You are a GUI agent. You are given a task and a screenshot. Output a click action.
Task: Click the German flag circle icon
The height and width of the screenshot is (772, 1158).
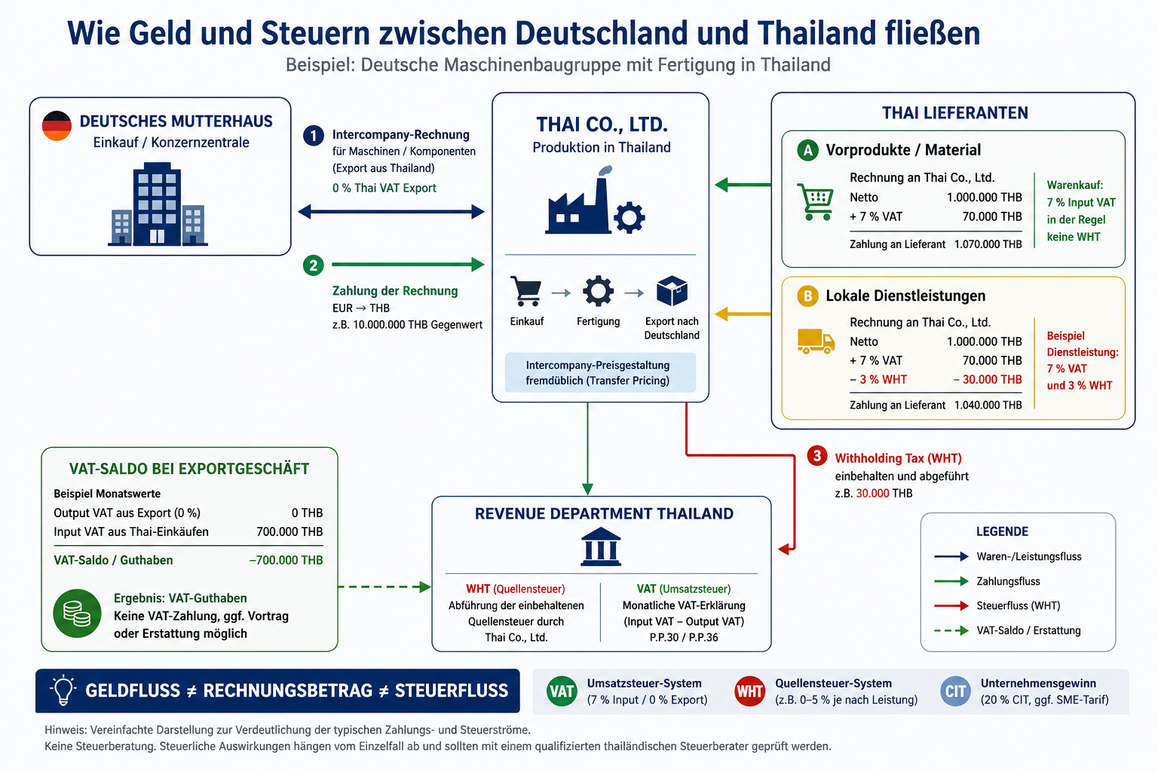[57, 126]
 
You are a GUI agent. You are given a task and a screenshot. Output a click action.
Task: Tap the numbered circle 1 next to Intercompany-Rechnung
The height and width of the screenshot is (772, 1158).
[314, 136]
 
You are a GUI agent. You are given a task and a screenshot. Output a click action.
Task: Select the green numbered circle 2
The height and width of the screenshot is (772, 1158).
[314, 266]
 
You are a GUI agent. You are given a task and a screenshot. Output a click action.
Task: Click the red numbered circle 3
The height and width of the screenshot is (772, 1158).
[817, 455]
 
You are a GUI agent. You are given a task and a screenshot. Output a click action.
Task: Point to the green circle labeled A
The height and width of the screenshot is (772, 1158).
[807, 151]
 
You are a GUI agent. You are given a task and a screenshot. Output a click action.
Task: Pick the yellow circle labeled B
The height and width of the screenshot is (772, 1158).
[807, 296]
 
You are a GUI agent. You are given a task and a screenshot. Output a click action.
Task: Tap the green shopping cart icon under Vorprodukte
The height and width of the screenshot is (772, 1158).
[815, 201]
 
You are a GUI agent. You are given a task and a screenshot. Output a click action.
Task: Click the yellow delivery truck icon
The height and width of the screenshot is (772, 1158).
[816, 342]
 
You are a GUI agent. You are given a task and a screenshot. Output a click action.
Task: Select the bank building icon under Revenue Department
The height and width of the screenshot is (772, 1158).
[601, 547]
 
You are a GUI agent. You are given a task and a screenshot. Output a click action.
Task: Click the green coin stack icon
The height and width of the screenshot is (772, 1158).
[77, 613]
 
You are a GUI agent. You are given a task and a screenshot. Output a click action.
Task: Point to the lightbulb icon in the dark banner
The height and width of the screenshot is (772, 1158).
[63, 690]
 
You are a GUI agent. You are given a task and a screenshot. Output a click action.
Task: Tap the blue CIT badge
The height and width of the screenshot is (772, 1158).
[955, 691]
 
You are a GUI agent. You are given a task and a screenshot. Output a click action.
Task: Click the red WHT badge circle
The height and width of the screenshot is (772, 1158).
[749, 691]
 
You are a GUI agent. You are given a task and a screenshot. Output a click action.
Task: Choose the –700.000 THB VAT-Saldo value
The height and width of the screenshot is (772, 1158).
[286, 560]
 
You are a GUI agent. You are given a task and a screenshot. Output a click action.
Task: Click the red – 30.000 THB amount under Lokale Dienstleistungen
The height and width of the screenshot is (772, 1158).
[988, 379]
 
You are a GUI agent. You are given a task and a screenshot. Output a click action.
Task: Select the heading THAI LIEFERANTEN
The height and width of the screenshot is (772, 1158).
[955, 113]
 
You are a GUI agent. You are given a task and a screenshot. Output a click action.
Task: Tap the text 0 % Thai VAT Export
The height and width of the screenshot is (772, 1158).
[384, 188]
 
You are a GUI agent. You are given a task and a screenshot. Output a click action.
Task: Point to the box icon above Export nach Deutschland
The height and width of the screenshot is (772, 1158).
[672, 291]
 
